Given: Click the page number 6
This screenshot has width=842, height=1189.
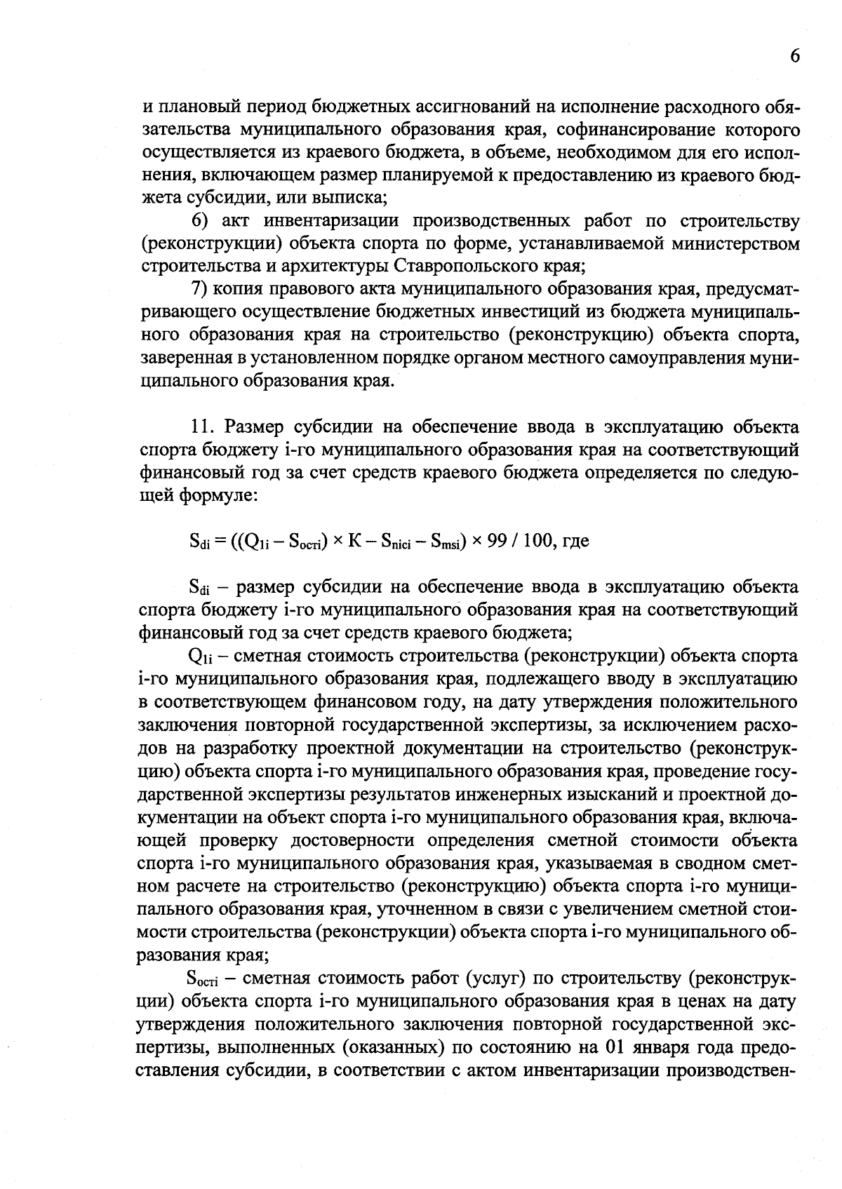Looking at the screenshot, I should tap(793, 57).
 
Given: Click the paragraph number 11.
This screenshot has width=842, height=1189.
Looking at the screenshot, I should tap(202, 427).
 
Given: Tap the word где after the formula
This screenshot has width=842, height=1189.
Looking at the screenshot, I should tap(574, 541).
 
